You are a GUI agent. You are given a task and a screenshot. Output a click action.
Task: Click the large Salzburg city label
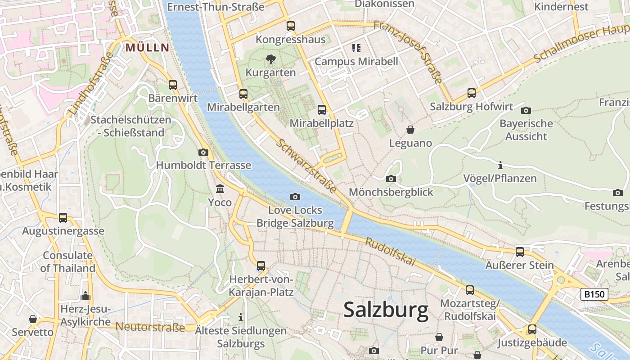[x=386, y=310]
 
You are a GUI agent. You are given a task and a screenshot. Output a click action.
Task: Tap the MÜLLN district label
[x=148, y=47]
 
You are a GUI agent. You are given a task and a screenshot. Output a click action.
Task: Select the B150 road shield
[x=594, y=294]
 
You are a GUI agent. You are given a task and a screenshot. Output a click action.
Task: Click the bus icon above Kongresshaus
[x=291, y=26]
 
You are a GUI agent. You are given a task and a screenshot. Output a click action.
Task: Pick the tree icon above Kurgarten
[x=270, y=59]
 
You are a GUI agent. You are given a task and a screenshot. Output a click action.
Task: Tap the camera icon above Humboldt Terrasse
[x=203, y=152]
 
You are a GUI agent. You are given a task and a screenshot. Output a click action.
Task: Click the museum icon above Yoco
[x=220, y=189]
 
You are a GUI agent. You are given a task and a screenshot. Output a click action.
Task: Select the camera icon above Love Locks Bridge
[x=295, y=197]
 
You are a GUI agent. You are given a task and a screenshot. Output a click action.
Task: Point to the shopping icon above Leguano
[x=410, y=130]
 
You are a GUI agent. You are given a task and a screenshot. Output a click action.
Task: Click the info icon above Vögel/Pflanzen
[x=500, y=165]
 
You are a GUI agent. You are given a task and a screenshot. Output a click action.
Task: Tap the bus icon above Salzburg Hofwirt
[x=471, y=93]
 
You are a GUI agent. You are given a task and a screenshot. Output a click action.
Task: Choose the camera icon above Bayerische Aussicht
[x=526, y=110]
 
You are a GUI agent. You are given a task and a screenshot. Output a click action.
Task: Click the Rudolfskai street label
[x=390, y=252]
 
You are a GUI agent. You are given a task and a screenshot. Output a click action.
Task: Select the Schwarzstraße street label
[x=306, y=166]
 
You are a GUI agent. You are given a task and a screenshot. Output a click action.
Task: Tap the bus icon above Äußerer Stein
[x=520, y=252]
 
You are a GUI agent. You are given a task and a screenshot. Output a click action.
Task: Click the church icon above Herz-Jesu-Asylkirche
[x=85, y=296]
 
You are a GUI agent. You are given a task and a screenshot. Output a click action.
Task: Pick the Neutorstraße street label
[x=150, y=327]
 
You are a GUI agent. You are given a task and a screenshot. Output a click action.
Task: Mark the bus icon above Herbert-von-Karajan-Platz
[x=261, y=266]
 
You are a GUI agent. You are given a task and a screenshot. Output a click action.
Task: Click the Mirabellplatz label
[x=321, y=123]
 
